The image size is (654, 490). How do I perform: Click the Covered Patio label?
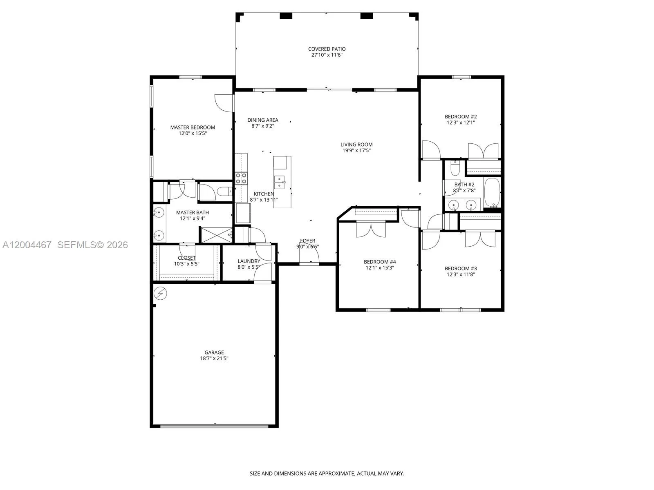[327, 49]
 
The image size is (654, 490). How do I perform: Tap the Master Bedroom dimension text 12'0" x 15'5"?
[193, 133]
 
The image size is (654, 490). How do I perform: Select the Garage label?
[214, 352]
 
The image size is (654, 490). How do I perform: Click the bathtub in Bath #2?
[492, 192]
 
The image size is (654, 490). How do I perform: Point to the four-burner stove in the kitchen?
[241, 178]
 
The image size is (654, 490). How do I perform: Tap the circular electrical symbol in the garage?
[161, 293]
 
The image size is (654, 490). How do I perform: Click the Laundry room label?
[249, 261]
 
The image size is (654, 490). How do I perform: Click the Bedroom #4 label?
[380, 262]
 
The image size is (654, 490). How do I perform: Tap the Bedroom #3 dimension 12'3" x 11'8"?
[461, 274]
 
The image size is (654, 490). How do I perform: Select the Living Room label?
[356, 144]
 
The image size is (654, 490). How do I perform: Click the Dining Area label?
[262, 120]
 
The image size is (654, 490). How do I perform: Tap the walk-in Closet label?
[186, 258]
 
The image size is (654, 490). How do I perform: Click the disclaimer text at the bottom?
[327, 474]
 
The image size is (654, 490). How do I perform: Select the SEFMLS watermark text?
[92, 245]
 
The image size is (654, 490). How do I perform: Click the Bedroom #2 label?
[461, 116]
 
